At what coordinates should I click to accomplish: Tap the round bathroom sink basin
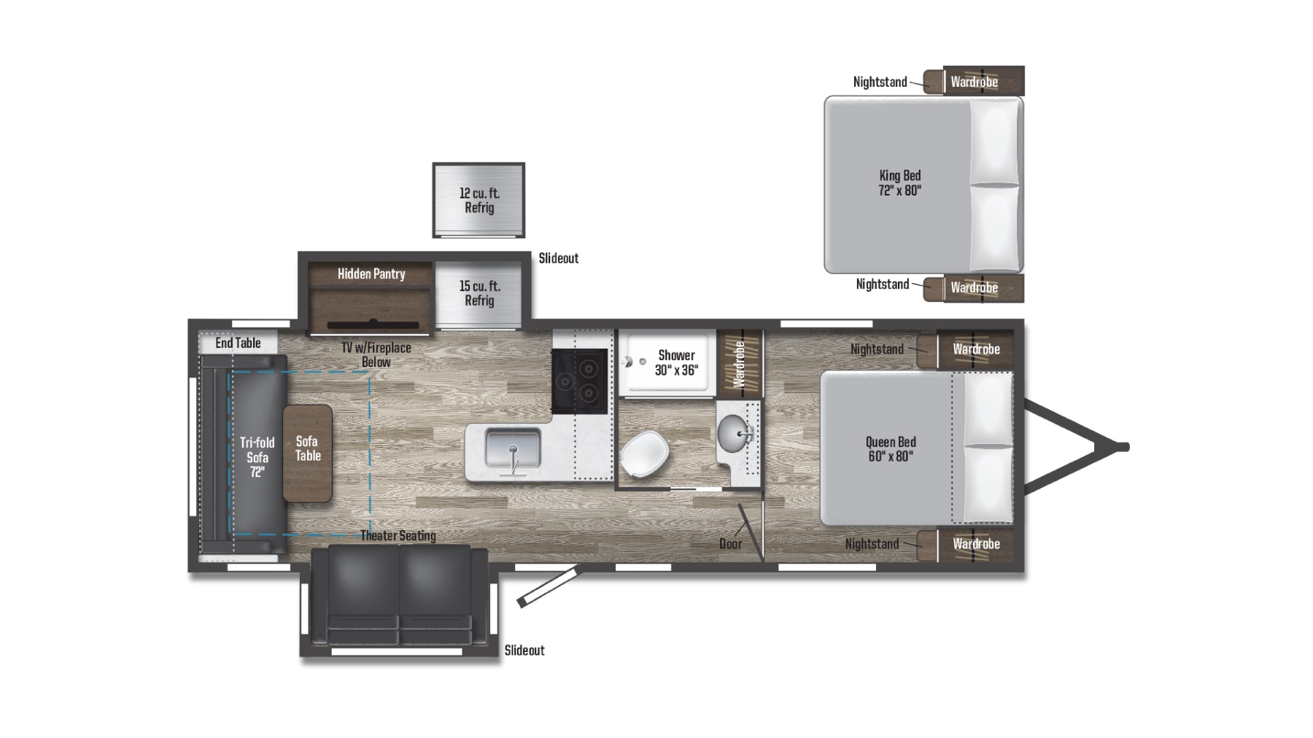tap(735, 433)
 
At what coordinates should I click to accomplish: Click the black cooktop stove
tap(580, 381)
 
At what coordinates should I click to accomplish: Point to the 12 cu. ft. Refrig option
tap(479, 201)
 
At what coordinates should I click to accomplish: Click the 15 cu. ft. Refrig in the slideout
tap(479, 293)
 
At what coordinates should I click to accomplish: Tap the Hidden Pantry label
tap(371, 274)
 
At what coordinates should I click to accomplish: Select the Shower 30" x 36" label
tap(676, 362)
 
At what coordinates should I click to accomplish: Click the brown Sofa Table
tap(308, 452)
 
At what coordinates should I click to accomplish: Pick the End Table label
tap(238, 343)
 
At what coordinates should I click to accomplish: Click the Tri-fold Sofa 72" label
tap(257, 457)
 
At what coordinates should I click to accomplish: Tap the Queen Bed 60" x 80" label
tap(891, 449)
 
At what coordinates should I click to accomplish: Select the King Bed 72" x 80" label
tap(899, 183)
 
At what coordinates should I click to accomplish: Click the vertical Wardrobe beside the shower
tap(739, 363)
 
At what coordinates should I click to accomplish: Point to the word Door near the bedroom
tap(730, 544)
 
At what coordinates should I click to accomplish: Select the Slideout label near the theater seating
tap(524, 650)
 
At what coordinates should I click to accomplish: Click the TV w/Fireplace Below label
tap(376, 355)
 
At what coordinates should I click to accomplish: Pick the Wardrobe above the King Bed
tap(974, 82)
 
